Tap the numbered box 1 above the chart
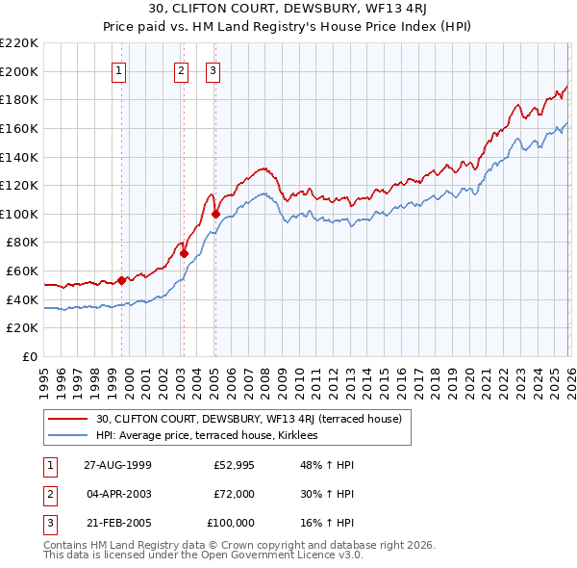(x=119, y=69)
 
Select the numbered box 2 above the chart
(x=182, y=69)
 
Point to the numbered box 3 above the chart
(x=213, y=69)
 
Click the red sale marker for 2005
(x=215, y=214)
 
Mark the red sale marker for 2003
(x=184, y=254)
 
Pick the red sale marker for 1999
(x=122, y=281)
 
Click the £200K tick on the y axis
(x=20, y=71)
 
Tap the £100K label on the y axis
(x=20, y=214)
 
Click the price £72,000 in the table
(x=234, y=494)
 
